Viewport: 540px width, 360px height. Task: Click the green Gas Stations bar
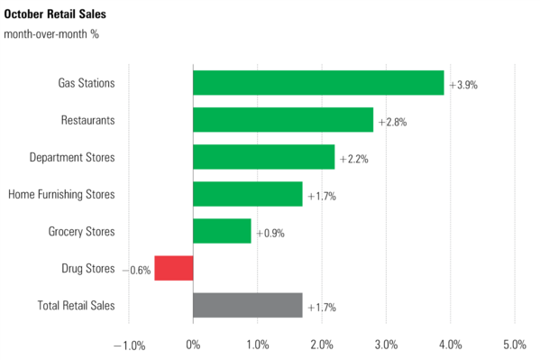pyautogui.click(x=318, y=83)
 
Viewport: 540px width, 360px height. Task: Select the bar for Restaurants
pyautogui.click(x=283, y=120)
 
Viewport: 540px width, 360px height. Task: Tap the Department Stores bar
pyautogui.click(x=263, y=157)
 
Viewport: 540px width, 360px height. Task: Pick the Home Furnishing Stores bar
pyautogui.click(x=248, y=194)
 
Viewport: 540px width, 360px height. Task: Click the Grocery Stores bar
pyautogui.click(x=222, y=232)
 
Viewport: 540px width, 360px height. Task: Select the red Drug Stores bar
pyautogui.click(x=174, y=269)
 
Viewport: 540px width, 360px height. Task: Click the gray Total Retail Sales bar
pyautogui.click(x=248, y=306)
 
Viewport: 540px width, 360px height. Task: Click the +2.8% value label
pyautogui.click(x=392, y=122)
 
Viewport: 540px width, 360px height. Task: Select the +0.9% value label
pyautogui.click(x=270, y=233)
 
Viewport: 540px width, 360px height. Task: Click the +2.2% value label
pyautogui.click(x=353, y=159)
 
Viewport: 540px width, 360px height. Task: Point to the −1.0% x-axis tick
pyautogui.click(x=129, y=344)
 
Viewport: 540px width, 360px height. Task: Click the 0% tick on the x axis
pyautogui.click(x=193, y=344)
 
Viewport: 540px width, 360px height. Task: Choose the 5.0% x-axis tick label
pyautogui.click(x=515, y=344)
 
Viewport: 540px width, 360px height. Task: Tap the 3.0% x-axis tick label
pyautogui.click(x=386, y=344)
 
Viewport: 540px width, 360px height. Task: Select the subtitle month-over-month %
pyautogui.click(x=51, y=35)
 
